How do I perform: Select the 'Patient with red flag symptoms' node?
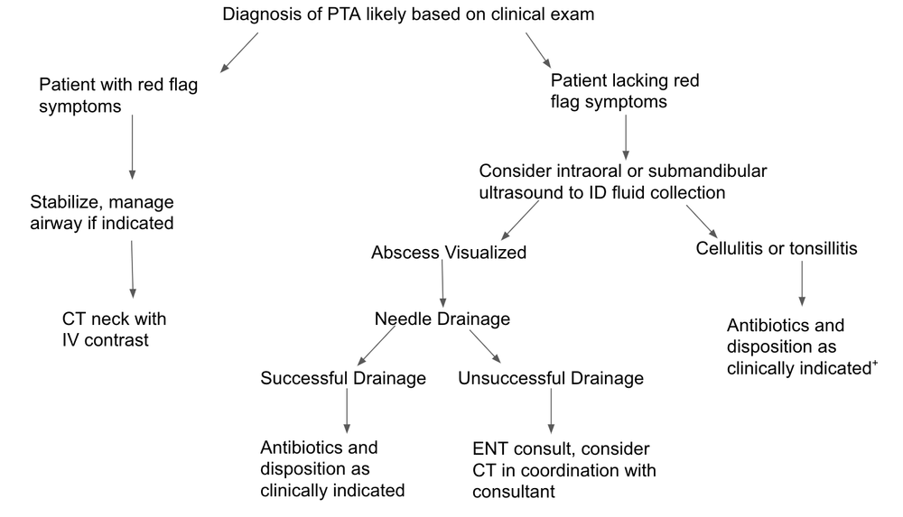(118, 95)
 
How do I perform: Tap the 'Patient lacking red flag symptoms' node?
(624, 91)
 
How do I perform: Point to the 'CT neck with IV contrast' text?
(114, 329)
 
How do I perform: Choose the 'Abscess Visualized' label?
(448, 253)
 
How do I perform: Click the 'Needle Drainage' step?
(442, 319)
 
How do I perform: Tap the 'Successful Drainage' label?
(343, 378)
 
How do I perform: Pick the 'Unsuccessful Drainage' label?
(551, 378)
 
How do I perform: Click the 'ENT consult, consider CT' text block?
(563, 470)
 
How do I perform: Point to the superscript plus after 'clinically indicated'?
(874, 363)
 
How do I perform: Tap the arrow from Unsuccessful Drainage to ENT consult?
(550, 412)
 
